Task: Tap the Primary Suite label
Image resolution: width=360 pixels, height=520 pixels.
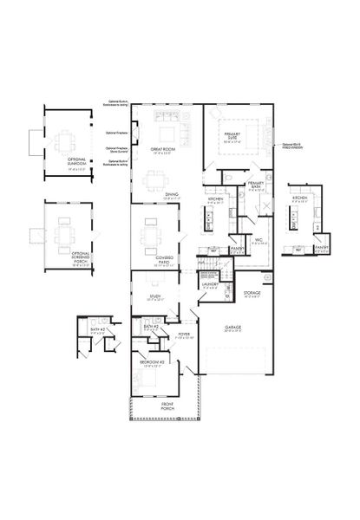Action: point(232,136)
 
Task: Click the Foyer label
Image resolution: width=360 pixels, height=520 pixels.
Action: point(184,333)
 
